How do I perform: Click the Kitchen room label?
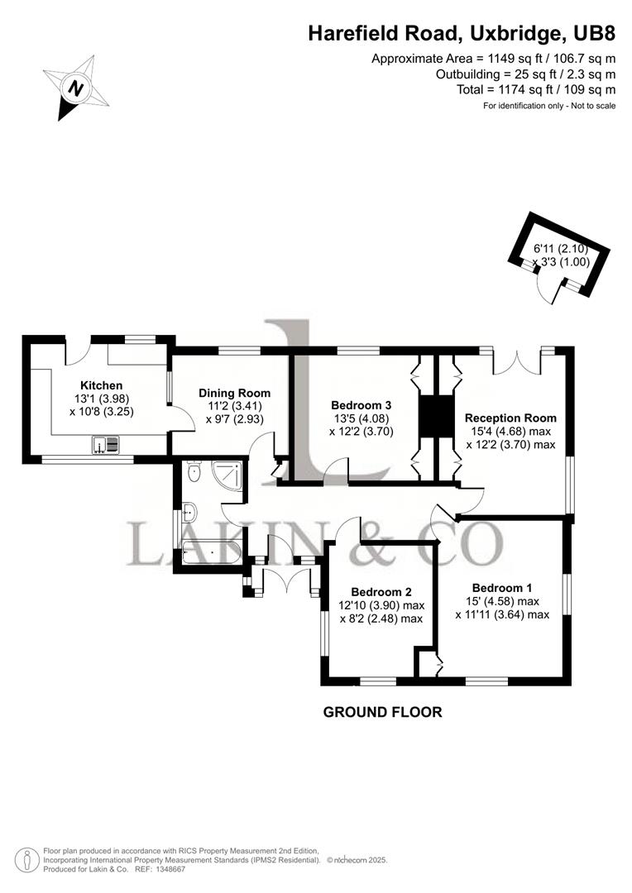tap(101, 385)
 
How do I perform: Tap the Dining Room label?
tap(235, 393)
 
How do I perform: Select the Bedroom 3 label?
tap(361, 405)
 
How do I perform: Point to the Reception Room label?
tap(510, 418)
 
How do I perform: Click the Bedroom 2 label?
tap(381, 591)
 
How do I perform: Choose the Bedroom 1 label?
tap(502, 588)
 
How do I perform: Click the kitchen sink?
tap(107, 446)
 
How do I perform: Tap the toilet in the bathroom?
tap(194, 472)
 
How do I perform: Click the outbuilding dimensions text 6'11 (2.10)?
tap(562, 249)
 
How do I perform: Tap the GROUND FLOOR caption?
tap(382, 712)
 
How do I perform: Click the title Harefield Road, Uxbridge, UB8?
tap(462, 34)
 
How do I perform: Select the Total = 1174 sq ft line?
tap(535, 89)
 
